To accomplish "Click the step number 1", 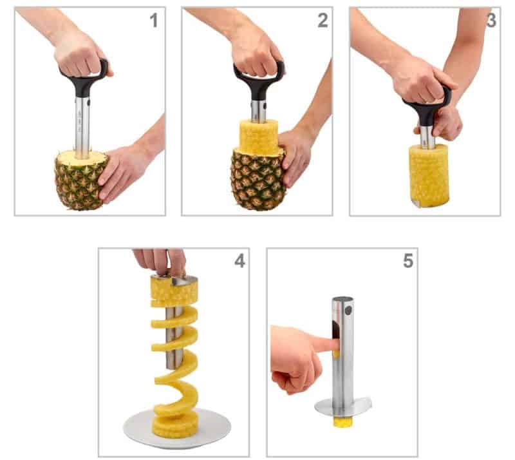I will pos(153,21).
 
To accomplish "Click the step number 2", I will pos(322,21).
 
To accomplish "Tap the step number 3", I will pos(490,21).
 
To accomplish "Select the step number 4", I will pos(239,262).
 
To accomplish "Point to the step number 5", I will pos(407,261).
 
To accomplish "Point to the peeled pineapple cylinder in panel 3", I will pos(428,174).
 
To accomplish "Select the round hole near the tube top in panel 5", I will pos(349,311).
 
